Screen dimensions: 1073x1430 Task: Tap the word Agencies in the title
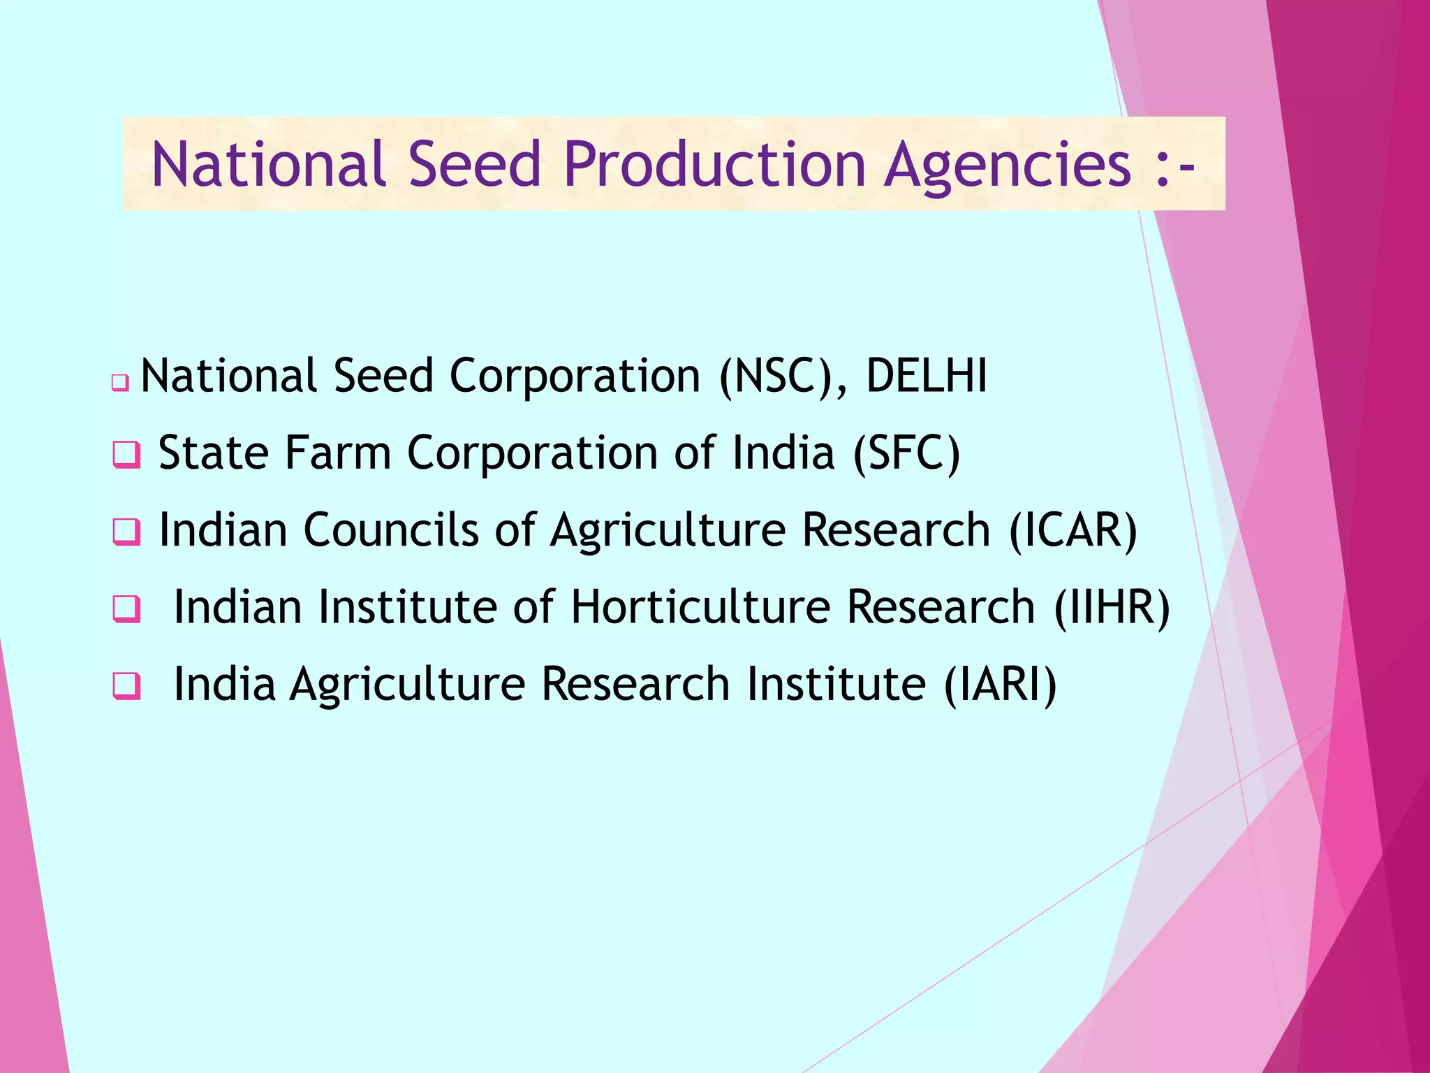coord(1006,166)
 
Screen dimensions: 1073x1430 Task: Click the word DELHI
coord(927,376)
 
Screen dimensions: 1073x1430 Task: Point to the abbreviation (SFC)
coord(906,453)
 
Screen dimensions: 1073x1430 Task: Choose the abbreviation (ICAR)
coord(1073,530)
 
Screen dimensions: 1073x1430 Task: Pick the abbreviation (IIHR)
coord(1112,606)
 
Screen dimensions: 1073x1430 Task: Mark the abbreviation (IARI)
coord(1000,683)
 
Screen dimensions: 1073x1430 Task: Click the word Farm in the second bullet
coord(337,453)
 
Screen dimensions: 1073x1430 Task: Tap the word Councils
coord(391,530)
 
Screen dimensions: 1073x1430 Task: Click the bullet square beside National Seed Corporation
coord(120,383)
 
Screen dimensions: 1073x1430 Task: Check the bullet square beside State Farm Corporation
coord(126,455)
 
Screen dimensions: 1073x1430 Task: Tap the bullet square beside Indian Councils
coord(126,532)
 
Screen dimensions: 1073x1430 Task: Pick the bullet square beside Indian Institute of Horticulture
coord(126,609)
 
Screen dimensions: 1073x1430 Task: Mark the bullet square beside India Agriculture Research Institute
coord(126,686)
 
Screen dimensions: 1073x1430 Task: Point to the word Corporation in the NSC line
coord(574,376)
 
